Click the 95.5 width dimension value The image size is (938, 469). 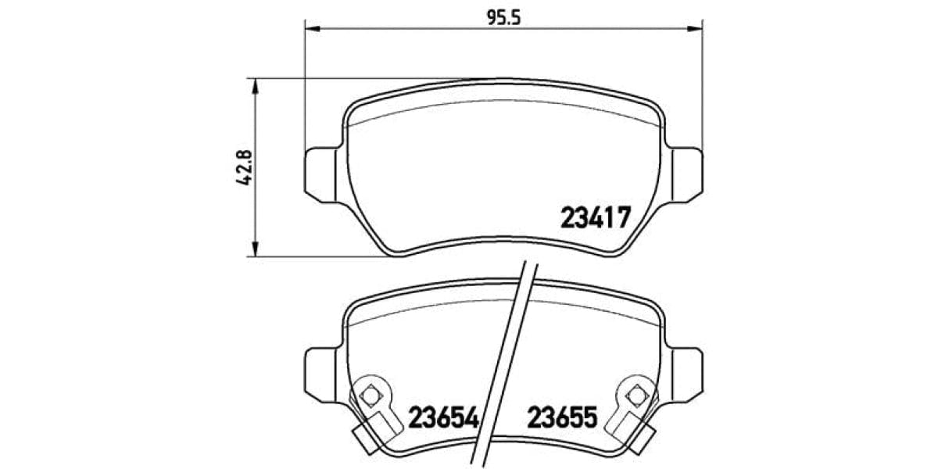click(x=504, y=17)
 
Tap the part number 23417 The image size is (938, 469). click(x=595, y=217)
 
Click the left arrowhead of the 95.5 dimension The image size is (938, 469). click(x=311, y=30)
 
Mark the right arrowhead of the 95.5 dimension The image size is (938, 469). click(x=694, y=30)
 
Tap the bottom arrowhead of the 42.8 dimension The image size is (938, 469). click(x=252, y=249)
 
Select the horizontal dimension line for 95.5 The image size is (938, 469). click(x=406, y=30)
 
